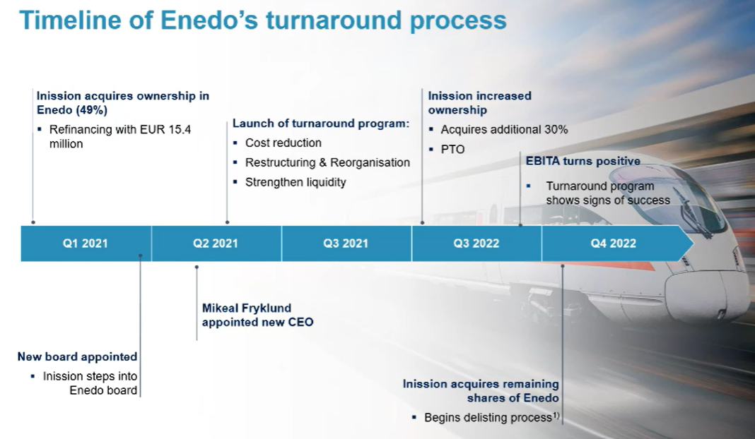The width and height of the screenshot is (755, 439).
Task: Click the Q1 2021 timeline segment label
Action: click(86, 243)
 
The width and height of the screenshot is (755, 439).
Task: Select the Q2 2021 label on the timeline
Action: click(216, 243)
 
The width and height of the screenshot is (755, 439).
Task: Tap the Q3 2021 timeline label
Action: click(346, 243)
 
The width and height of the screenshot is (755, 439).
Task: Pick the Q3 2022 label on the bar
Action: click(476, 243)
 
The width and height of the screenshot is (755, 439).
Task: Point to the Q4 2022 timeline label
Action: click(614, 243)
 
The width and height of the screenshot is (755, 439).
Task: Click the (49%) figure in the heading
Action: click(91, 110)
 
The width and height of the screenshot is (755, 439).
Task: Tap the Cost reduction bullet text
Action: click(283, 143)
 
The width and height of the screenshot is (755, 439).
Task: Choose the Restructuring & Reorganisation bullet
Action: click(327, 162)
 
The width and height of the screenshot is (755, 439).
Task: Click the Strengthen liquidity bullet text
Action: click(295, 182)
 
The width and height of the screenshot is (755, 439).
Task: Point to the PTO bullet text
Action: click(452, 150)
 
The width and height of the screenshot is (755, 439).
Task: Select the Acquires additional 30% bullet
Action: click(504, 130)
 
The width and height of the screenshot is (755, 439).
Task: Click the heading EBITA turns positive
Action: click(583, 161)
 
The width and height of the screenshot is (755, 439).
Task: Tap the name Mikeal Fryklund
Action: click(247, 308)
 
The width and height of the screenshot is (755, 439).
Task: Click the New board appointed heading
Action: click(78, 357)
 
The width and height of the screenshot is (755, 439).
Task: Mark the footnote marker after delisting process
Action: click(556, 415)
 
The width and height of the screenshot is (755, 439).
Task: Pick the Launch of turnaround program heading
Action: click(321, 124)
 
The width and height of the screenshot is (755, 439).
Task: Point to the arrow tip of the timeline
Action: click(693, 243)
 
